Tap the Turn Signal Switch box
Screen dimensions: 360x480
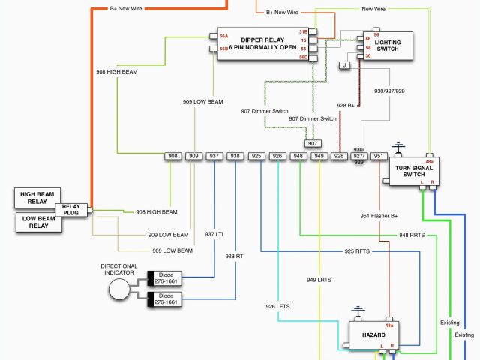[x=413, y=171]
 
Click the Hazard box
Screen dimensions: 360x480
[x=373, y=334]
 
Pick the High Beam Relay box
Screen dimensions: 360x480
[x=39, y=199]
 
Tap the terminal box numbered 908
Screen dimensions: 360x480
[x=174, y=156]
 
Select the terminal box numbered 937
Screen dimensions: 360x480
[x=214, y=156]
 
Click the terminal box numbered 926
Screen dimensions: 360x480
[x=277, y=156]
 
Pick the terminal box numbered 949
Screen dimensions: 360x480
[x=319, y=156]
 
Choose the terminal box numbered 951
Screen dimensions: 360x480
[x=379, y=156]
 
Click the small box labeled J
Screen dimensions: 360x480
[x=344, y=65]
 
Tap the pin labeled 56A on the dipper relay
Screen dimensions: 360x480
[x=223, y=36]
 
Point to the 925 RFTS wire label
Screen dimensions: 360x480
[x=358, y=251]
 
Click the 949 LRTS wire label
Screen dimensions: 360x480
[x=319, y=280]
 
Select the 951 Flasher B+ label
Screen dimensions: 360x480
[x=379, y=217]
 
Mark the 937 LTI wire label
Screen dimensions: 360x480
[x=215, y=233]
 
